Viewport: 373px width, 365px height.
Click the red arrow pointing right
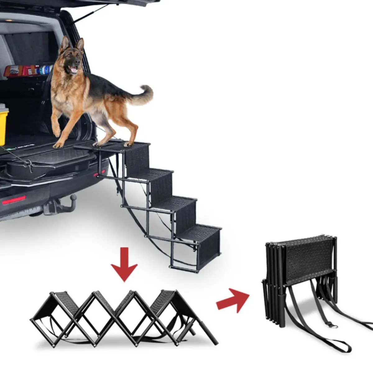point(233,299)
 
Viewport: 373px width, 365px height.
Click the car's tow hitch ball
point(73,198)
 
